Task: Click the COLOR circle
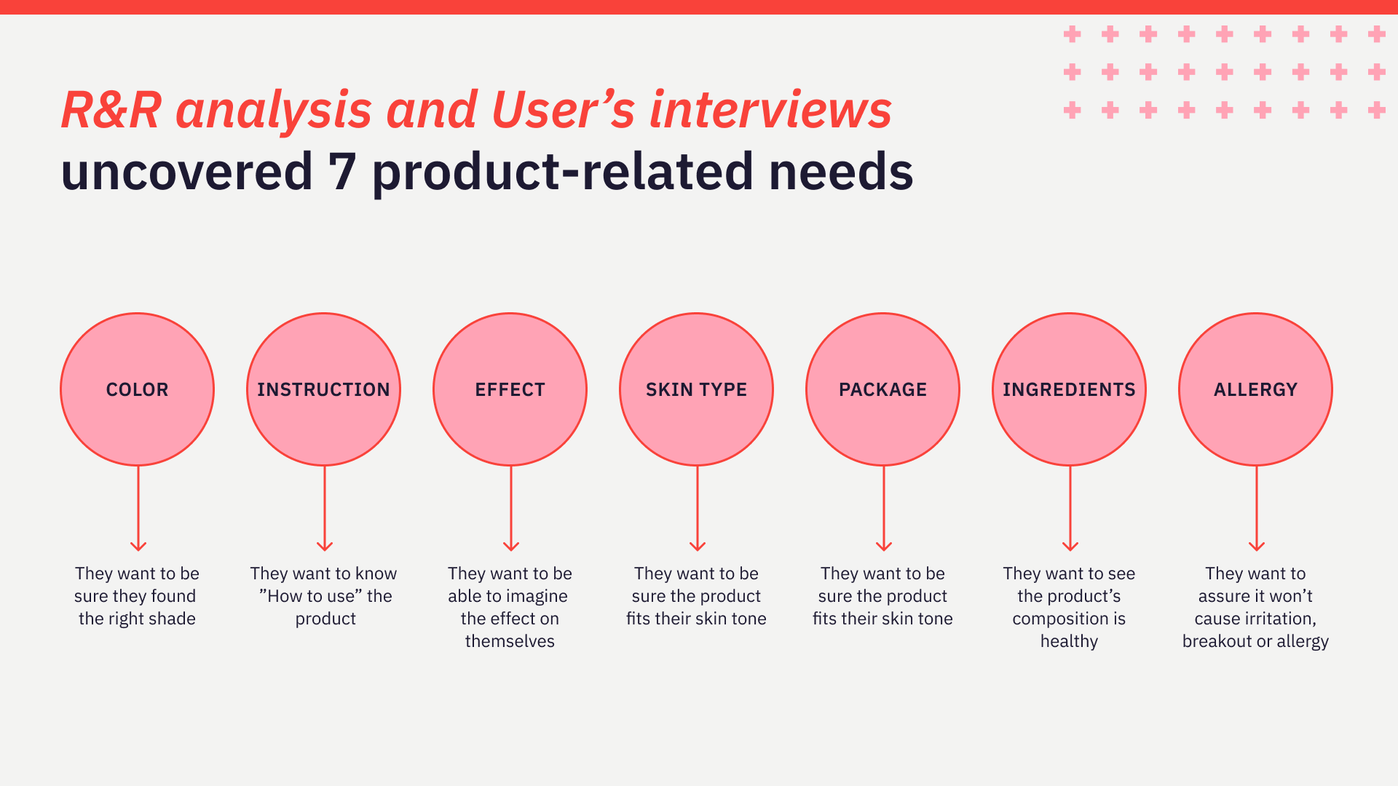pos(137,389)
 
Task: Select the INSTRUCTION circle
pos(323,389)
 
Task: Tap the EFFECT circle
pos(510,389)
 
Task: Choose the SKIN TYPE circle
pos(696,389)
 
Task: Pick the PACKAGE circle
pos(882,389)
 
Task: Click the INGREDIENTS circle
pos(1069,389)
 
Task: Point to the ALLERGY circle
pos(1255,389)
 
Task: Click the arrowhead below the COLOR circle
pos(138,547)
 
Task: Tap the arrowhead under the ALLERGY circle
pos(1257,547)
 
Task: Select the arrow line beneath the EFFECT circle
pos(511,508)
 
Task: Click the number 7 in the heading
pos(341,172)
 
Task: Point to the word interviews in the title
pos(770,110)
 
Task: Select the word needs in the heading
pos(841,172)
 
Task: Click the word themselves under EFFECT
pos(510,641)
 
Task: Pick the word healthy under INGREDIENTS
pos(1069,642)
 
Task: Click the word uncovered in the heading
pos(187,172)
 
